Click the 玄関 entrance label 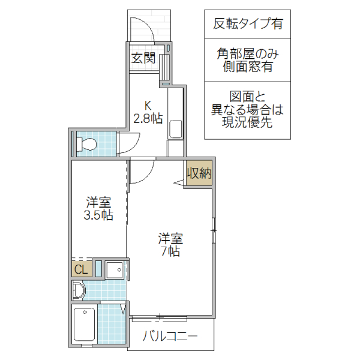(143, 58)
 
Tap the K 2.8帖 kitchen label (147, 112)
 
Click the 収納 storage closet (199, 174)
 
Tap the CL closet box (80, 269)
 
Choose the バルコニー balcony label (170, 337)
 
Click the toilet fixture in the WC (88, 144)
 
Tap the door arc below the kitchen (142, 172)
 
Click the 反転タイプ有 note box (248, 25)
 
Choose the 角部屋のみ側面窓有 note (248, 61)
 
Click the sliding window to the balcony (160, 316)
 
